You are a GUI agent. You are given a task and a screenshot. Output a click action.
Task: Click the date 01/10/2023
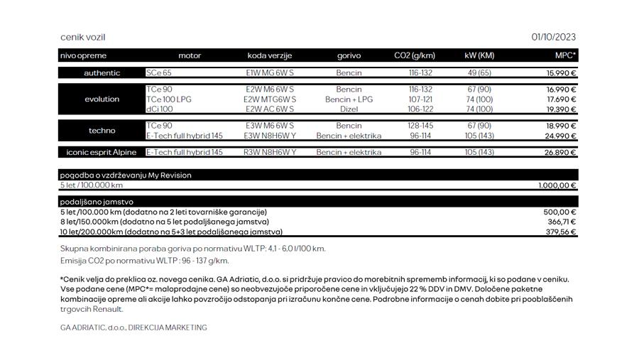click(553, 38)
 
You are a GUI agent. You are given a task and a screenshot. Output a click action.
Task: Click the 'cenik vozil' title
click(82, 38)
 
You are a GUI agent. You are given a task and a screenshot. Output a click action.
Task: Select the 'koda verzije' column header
click(269, 55)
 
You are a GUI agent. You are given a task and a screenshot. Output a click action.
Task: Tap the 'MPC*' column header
click(565, 55)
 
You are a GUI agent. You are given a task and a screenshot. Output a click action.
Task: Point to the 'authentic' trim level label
click(102, 73)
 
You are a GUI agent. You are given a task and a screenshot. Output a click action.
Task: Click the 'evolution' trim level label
click(102, 99)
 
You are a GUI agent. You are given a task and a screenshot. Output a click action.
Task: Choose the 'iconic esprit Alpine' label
click(102, 153)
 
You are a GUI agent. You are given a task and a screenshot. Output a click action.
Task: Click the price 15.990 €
click(561, 73)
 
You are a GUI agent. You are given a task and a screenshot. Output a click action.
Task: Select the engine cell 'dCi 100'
click(159, 109)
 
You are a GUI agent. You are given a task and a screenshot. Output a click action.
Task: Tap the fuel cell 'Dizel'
click(349, 109)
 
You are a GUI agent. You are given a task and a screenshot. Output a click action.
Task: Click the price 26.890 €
click(561, 153)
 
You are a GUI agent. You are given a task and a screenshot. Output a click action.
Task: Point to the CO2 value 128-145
click(420, 126)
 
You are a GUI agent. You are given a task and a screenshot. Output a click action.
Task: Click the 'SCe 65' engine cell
click(158, 73)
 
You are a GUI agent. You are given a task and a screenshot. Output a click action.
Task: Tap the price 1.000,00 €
click(557, 185)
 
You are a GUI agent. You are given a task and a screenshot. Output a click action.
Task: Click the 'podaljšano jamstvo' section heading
click(97, 202)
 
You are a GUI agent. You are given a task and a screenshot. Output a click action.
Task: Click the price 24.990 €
click(561, 136)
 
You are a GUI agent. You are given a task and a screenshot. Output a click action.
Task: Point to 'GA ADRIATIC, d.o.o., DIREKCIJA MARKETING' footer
click(133, 327)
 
